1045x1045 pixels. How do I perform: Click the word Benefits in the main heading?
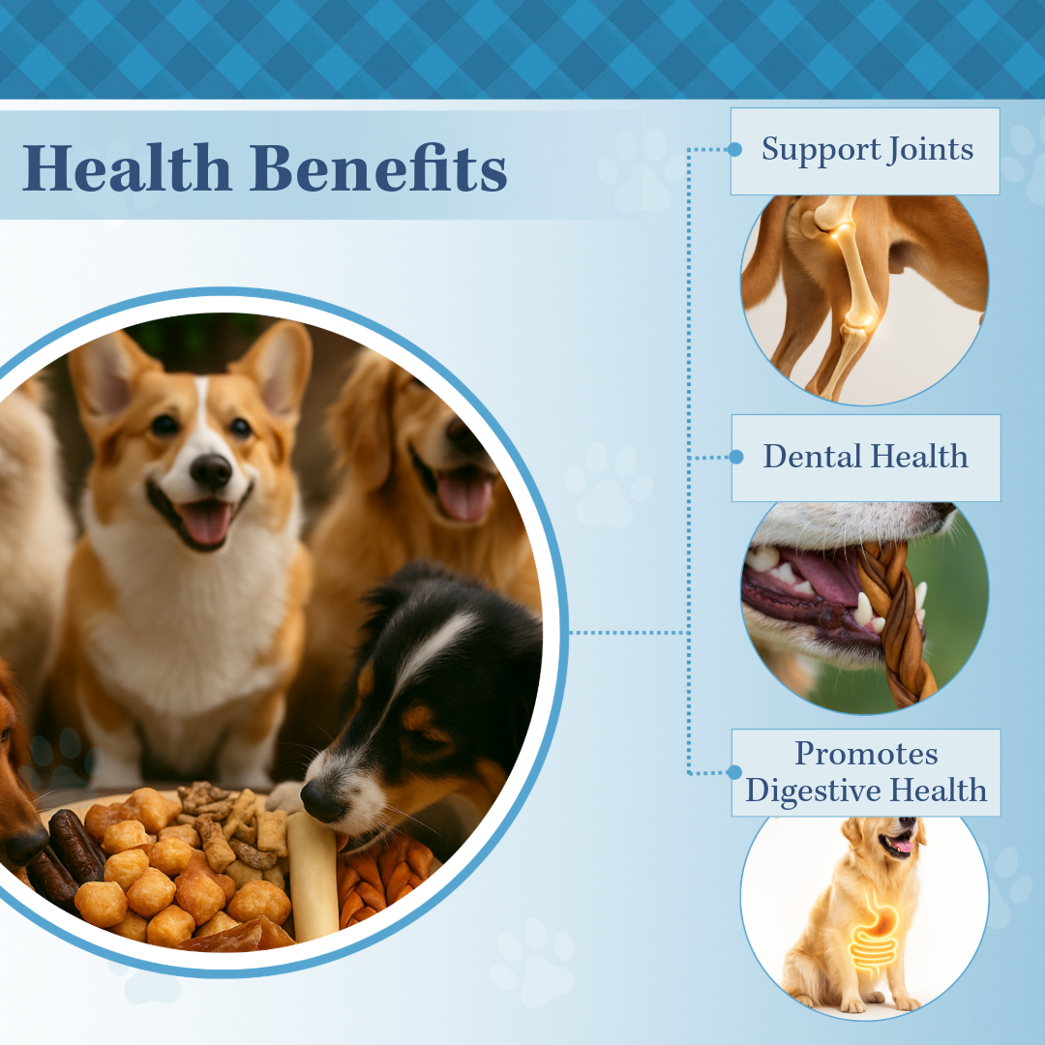click(378, 168)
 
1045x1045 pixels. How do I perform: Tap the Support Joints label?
click(866, 150)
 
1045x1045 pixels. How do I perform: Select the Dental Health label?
click(866, 457)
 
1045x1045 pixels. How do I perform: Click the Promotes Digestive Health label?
click(866, 772)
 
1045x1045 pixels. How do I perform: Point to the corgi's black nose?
click(210, 470)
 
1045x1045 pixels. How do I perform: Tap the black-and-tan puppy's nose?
click(318, 798)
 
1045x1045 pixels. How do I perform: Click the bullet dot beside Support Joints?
click(734, 150)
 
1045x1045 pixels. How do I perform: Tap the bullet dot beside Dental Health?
click(734, 457)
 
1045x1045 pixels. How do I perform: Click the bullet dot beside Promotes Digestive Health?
click(734, 772)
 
